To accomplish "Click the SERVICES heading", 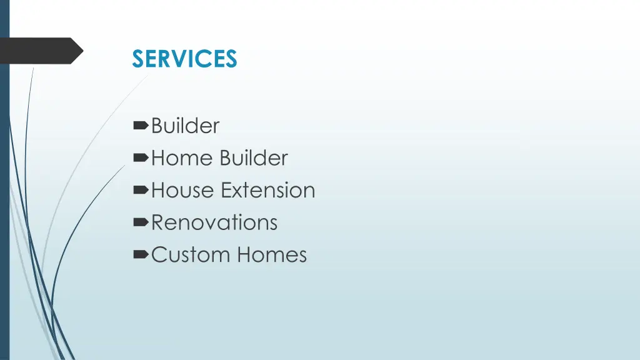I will (184, 59).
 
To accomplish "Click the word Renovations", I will (214, 222).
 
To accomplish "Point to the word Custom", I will (191, 255).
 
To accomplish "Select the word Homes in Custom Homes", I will (272, 255).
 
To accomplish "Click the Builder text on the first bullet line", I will (186, 126).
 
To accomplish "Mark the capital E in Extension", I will (226, 190).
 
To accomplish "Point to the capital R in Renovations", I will (157, 222).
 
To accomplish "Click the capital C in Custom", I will (159, 255).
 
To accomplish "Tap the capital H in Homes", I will (244, 255).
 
